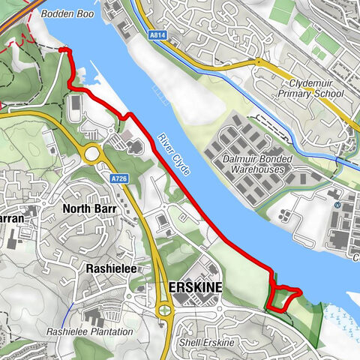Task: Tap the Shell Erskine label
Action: click(x=207, y=343)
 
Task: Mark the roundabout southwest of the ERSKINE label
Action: click(x=164, y=310)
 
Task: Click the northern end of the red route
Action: click(x=63, y=49)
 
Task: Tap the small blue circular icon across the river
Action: click(x=337, y=204)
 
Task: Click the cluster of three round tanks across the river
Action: click(x=284, y=216)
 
